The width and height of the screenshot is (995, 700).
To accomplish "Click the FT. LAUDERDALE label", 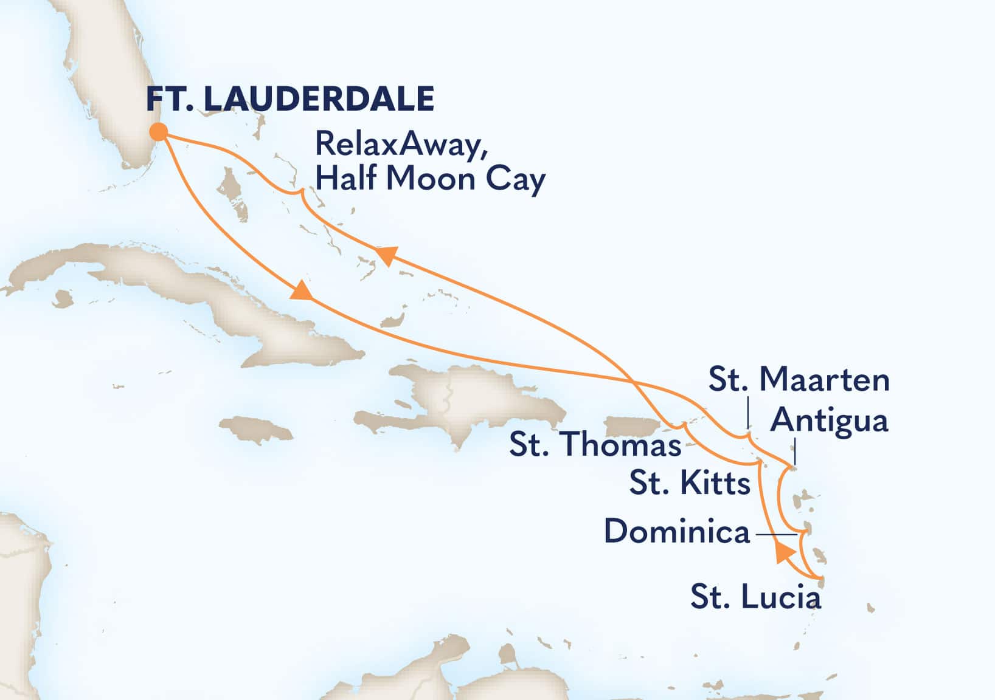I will click(x=290, y=99).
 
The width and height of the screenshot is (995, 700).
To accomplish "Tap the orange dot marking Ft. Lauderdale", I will click(x=159, y=132).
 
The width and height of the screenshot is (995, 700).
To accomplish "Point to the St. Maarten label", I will click(x=799, y=380).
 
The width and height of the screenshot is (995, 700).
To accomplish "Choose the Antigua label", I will click(x=829, y=420).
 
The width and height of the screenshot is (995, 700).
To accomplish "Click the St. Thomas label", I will click(x=595, y=445).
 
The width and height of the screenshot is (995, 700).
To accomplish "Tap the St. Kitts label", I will click(x=690, y=484).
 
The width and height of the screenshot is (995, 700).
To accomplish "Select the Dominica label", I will click(x=676, y=532).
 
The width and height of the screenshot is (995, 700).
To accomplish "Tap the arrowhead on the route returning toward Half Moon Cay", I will click(x=387, y=255).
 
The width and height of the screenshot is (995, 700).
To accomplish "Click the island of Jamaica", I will click(x=256, y=428).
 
